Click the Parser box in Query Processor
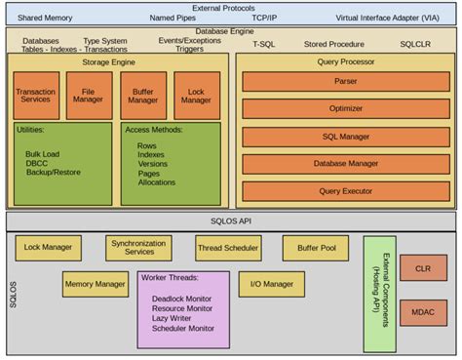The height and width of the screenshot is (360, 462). (346, 81)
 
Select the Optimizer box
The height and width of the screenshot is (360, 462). (346, 109)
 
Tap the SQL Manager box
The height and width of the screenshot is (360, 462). (346, 137)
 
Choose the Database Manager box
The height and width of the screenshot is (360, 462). (346, 164)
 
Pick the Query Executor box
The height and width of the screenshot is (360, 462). (346, 191)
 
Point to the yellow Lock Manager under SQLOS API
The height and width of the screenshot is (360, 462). (48, 248)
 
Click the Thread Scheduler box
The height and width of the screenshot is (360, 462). (227, 248)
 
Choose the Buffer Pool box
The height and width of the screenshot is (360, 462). (315, 248)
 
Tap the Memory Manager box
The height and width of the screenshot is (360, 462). (96, 284)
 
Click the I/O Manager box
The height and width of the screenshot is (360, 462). (271, 284)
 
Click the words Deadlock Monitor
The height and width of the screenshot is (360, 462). (183, 297)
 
